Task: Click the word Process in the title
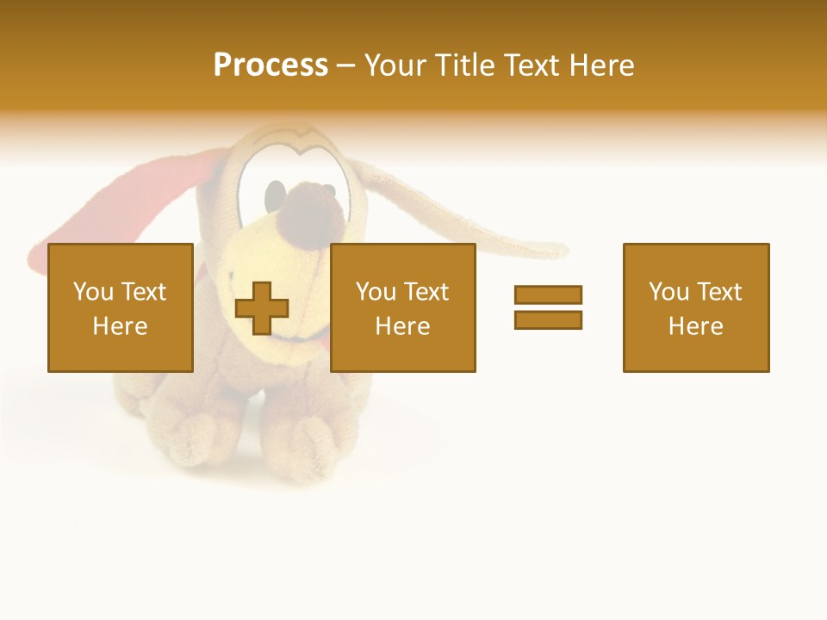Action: coord(270,65)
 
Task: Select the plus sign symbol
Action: coord(262,308)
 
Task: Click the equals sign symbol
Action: coord(548,307)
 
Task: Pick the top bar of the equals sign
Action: coord(548,294)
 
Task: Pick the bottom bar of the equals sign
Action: coord(548,319)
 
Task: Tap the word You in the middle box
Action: coord(376,292)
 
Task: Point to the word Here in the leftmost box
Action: coord(120,326)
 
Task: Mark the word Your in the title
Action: coord(395,65)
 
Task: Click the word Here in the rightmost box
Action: coord(695,326)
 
